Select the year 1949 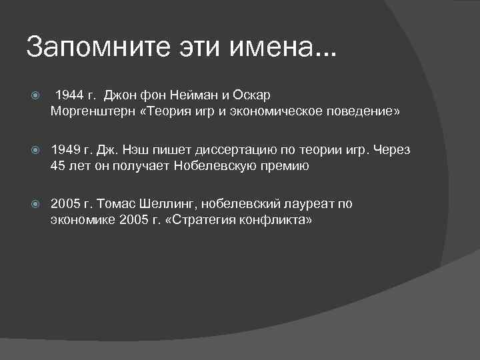65,150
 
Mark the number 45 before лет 58,166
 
